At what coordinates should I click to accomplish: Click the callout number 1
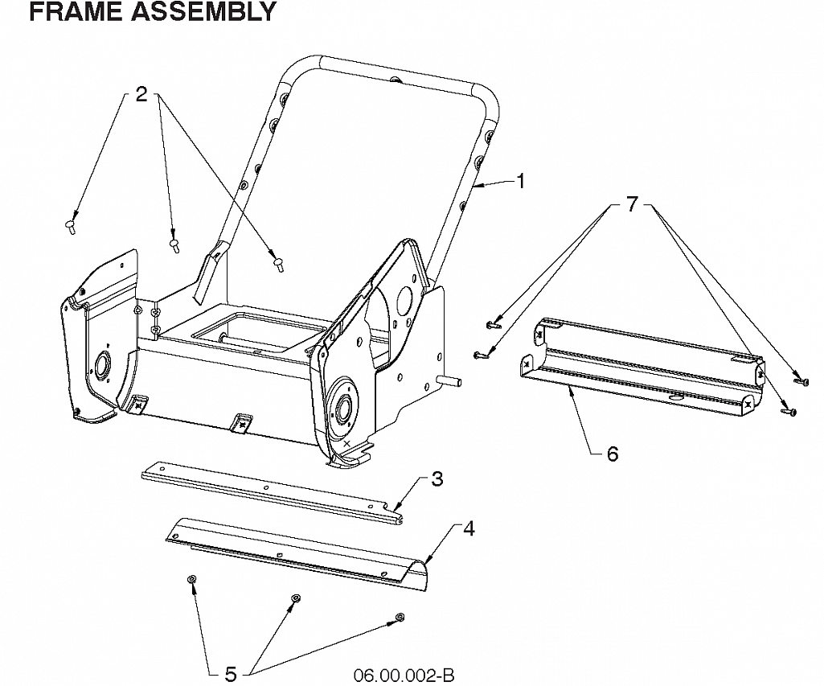[x=520, y=182]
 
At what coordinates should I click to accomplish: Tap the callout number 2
[x=141, y=95]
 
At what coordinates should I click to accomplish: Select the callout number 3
[x=437, y=479]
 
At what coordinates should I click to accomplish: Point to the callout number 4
[x=469, y=529]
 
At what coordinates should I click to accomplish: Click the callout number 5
[x=231, y=674]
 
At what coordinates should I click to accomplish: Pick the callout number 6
[x=613, y=454]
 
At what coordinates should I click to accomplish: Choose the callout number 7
[x=632, y=204]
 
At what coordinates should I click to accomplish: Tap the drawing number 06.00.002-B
[x=404, y=675]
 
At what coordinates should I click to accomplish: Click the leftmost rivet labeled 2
[x=70, y=227]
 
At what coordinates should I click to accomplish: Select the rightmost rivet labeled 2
[x=278, y=265]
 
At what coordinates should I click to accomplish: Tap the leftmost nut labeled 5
[x=191, y=579]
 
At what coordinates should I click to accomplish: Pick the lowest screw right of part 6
[x=789, y=412]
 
